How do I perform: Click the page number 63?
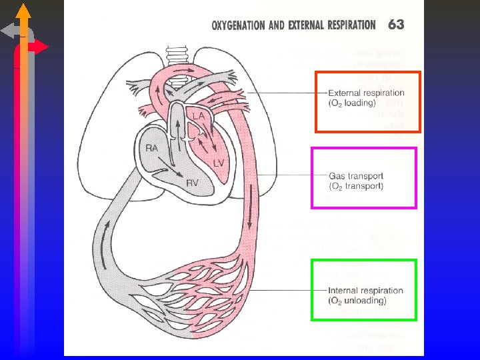pyautogui.click(x=395, y=25)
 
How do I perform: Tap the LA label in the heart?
pyautogui.click(x=198, y=116)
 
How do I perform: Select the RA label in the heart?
pyautogui.click(x=152, y=148)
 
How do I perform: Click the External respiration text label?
pyautogui.click(x=366, y=93)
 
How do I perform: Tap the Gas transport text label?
pyautogui.click(x=356, y=177)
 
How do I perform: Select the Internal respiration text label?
pyautogui.click(x=365, y=291)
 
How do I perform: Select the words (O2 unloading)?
pyautogui.click(x=357, y=301)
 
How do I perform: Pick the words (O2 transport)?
pyautogui.click(x=356, y=187)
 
